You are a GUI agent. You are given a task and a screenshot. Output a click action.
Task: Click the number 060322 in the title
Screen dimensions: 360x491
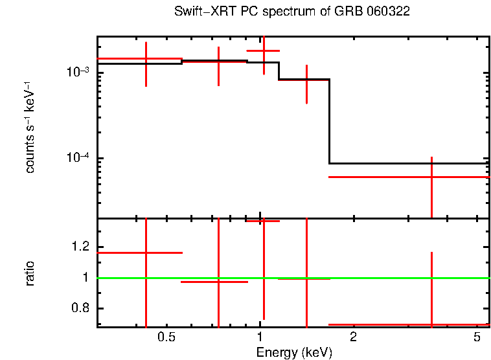[x=387, y=12]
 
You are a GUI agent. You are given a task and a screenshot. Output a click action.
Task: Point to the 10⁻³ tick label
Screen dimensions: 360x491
[x=78, y=72]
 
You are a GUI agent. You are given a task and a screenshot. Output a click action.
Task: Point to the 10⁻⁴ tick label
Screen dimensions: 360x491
[x=78, y=159]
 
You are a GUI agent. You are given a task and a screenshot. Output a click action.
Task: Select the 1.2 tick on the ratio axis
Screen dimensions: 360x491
[x=82, y=246]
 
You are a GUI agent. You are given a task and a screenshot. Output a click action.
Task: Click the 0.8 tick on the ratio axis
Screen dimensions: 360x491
[x=82, y=308]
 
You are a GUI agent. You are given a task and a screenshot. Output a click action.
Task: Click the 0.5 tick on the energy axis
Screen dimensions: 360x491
[x=167, y=337]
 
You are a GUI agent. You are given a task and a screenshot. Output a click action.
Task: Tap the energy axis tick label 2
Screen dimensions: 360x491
[x=353, y=337]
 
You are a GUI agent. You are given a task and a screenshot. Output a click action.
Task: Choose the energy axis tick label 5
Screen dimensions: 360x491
[x=477, y=337]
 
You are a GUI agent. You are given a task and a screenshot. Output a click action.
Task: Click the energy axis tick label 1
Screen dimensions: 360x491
[x=260, y=337]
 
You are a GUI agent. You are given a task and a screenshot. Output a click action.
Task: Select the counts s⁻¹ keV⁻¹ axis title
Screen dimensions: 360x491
[x=30, y=128]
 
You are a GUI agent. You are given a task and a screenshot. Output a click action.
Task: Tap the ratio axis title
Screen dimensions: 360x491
[x=30, y=273]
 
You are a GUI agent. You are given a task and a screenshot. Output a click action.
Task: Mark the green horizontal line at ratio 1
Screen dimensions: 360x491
[x=389, y=278]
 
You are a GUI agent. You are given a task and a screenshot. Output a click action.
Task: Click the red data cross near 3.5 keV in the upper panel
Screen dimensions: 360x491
[x=431, y=177]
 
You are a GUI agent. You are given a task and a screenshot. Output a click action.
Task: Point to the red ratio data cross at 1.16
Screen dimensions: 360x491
[x=146, y=253]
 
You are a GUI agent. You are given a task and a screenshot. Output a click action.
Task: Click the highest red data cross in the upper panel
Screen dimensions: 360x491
[x=263, y=51]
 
